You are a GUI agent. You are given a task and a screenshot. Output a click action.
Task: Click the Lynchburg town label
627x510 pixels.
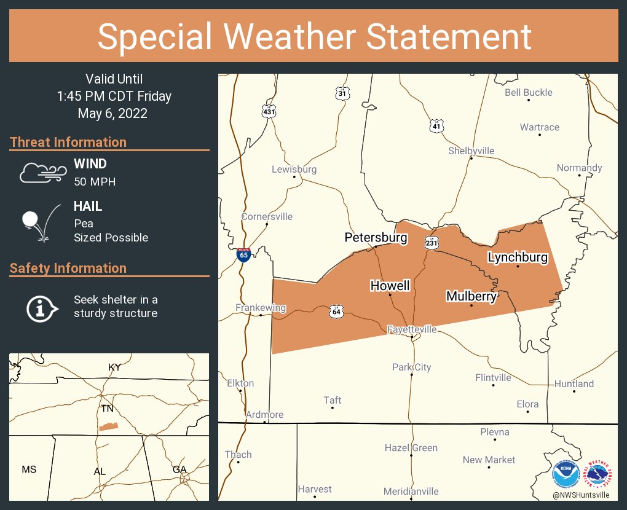518,257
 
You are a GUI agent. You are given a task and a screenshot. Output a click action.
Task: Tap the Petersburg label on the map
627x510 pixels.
376,238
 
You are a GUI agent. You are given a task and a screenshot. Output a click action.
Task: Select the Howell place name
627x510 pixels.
390,286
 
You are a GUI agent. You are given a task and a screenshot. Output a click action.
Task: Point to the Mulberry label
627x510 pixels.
471,297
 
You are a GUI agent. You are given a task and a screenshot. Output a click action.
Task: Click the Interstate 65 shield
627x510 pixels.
243,255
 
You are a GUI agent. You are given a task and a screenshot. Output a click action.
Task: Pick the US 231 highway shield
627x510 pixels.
432,243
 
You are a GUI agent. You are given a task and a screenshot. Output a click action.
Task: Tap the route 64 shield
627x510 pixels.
336,311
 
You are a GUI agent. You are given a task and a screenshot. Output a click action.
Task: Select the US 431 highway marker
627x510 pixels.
269,111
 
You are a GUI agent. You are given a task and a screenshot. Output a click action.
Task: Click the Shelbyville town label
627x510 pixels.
471,151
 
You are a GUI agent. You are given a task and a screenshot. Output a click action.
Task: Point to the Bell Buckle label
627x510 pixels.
529,93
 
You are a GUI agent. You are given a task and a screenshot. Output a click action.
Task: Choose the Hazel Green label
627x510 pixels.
411,448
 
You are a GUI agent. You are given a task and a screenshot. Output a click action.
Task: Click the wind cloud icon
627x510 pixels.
42,173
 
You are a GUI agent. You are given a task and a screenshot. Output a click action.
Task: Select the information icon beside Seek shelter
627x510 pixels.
41,307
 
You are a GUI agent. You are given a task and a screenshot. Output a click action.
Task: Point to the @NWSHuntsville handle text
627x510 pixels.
581,495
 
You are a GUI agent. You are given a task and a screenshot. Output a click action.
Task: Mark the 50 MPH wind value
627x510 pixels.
95,182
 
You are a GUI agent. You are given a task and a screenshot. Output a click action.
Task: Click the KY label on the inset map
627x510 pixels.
114,367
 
